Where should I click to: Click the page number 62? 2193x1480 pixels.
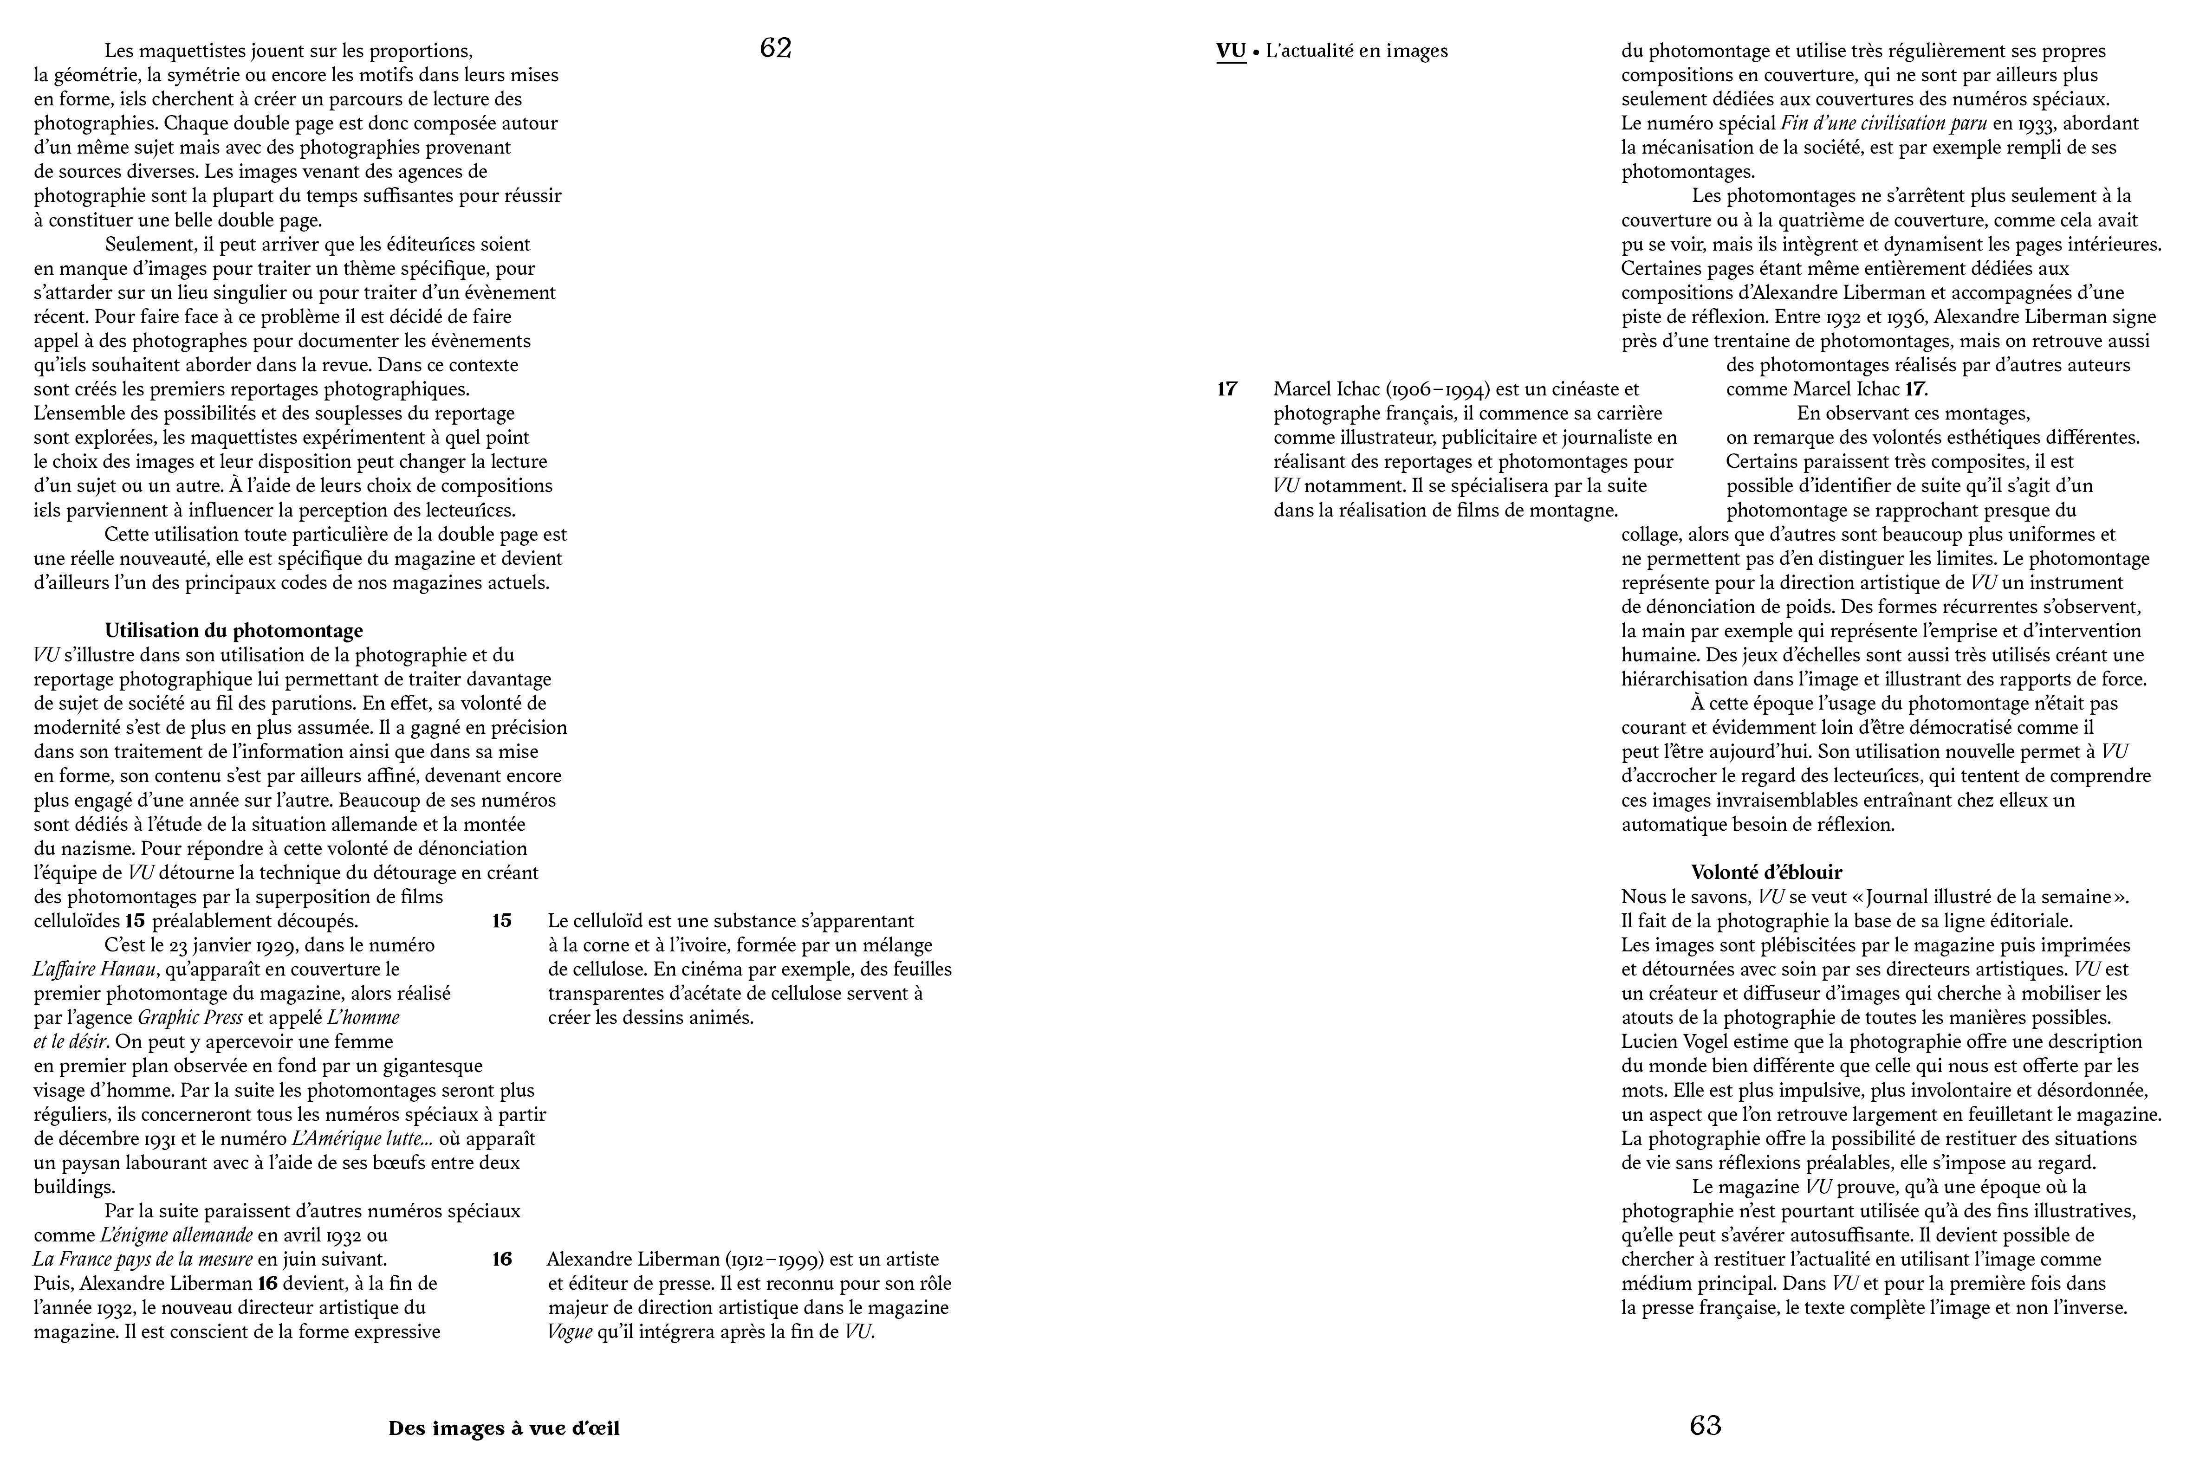point(775,49)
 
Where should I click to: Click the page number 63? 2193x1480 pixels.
point(1705,1425)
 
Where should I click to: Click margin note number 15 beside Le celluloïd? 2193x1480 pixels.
point(502,921)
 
